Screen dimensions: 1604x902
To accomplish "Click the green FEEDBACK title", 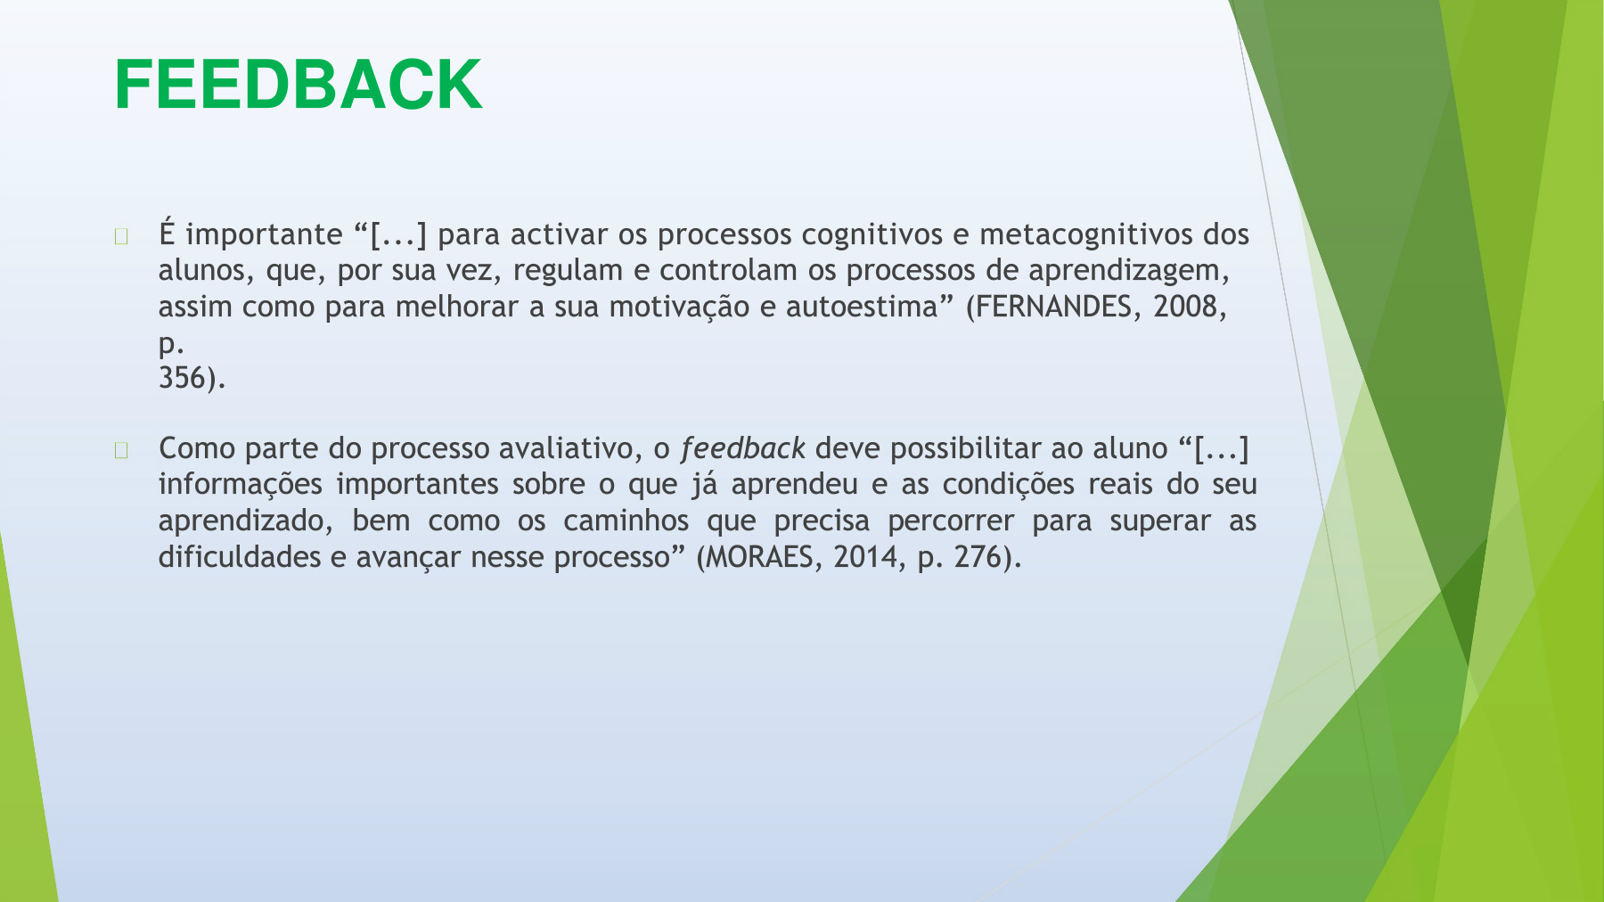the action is [x=299, y=85].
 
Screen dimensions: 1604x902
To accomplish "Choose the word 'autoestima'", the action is [x=862, y=307].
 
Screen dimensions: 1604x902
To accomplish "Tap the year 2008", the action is [x=1185, y=307].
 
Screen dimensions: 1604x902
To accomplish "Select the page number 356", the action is [x=182, y=378].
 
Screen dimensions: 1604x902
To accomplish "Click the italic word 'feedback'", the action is [x=743, y=448].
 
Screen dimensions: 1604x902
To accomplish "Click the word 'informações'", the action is [x=240, y=485].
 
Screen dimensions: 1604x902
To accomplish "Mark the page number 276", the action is [x=978, y=557].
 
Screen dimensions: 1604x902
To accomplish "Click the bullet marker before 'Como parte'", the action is [x=121, y=450].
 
